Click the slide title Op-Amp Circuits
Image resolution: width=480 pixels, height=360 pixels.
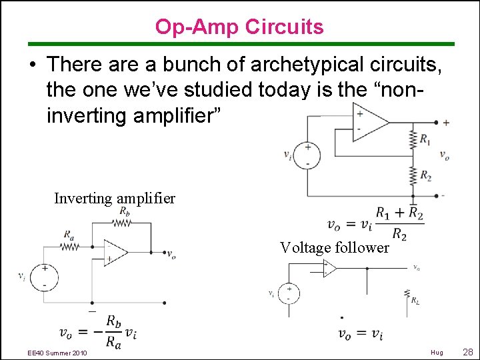point(239,27)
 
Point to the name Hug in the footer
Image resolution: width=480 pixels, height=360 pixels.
point(437,352)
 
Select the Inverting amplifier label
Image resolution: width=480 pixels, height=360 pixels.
point(115,198)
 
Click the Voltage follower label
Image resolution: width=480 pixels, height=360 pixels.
point(334,247)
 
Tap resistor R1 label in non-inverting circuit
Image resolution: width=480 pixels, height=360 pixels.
point(425,140)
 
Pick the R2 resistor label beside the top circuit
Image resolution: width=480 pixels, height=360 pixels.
point(425,176)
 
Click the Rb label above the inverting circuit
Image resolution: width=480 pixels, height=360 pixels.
point(124,211)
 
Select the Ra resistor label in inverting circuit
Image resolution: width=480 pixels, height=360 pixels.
point(69,234)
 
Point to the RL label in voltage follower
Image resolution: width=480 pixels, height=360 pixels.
point(415,301)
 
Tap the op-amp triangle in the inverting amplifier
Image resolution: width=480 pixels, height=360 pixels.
point(115,252)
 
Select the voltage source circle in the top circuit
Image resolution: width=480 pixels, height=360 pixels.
point(307,155)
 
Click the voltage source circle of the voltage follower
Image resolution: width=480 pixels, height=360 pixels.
point(289,293)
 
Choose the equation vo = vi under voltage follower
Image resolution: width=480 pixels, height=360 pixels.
point(360,334)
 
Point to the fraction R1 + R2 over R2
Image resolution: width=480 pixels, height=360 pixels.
point(399,223)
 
